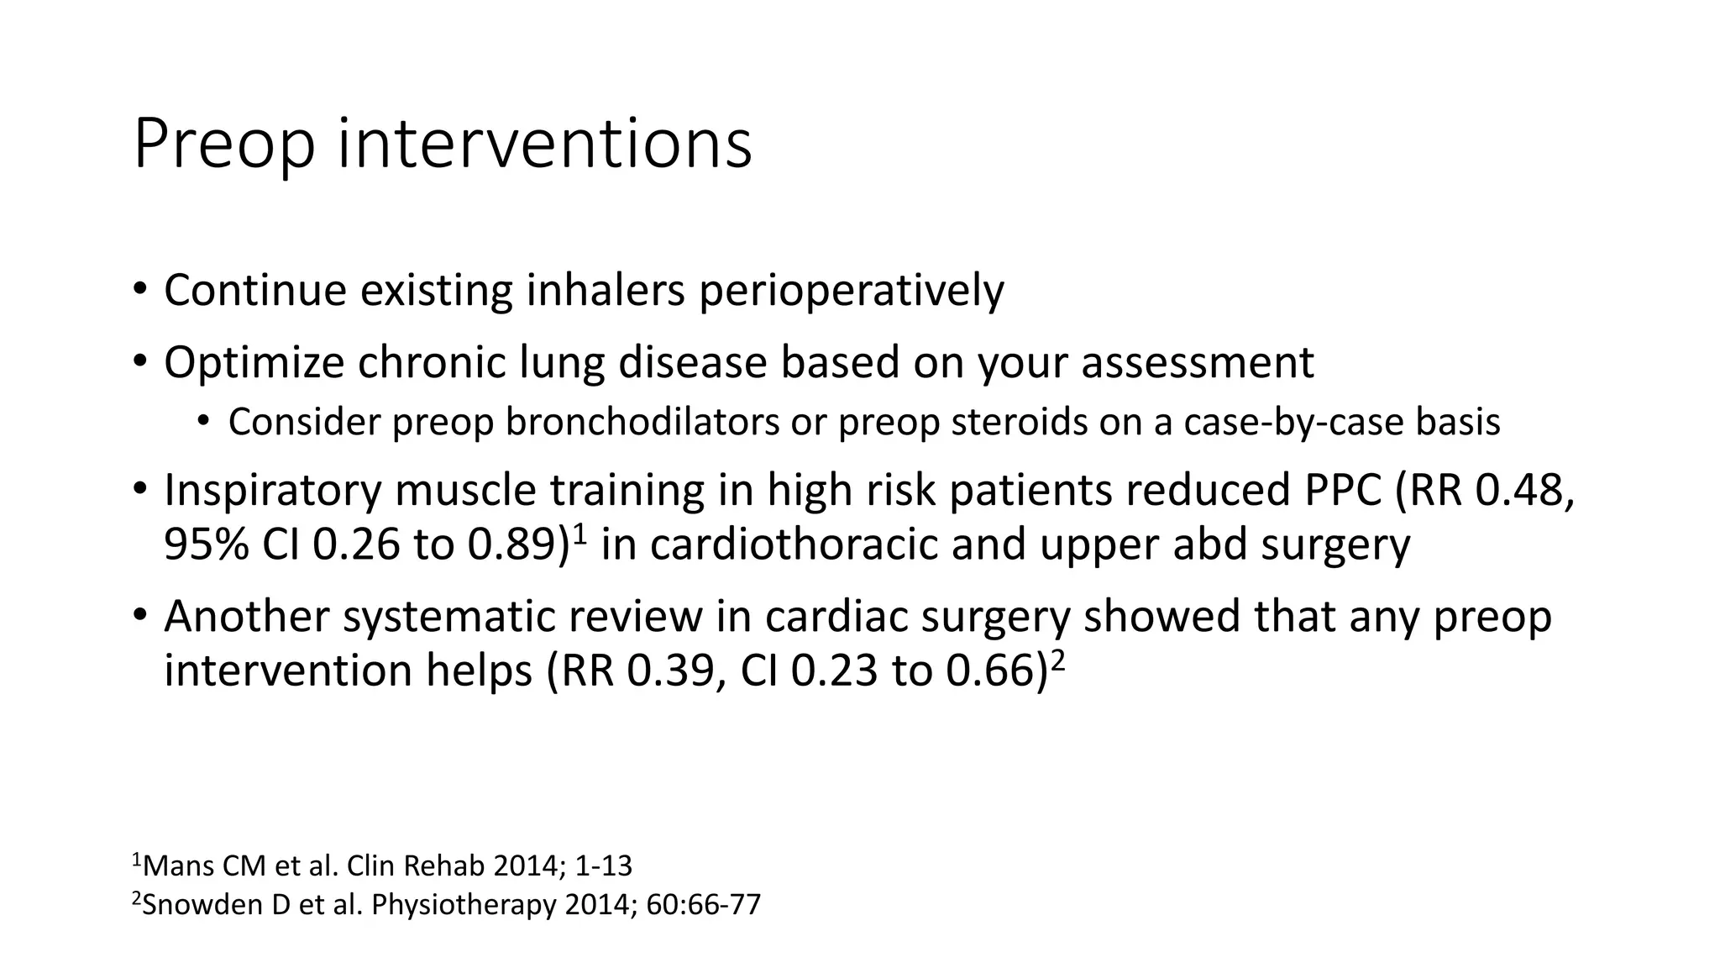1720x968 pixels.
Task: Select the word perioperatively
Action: pyautogui.click(x=852, y=292)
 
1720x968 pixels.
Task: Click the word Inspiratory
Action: pyautogui.click(x=272, y=492)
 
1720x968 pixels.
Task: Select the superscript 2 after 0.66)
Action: pyautogui.click(x=1058, y=660)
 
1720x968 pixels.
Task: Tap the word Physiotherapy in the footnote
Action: pyautogui.click(x=464, y=906)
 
